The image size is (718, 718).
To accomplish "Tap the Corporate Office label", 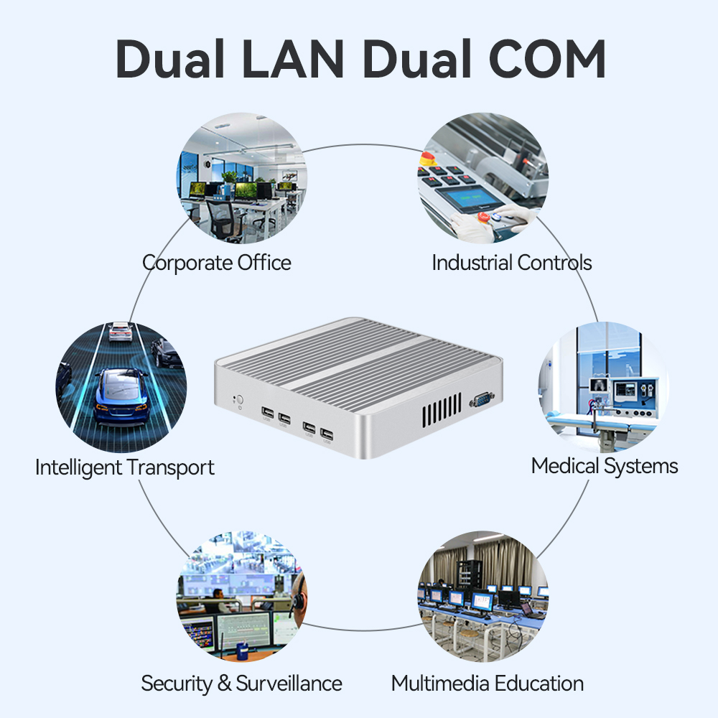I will [217, 263].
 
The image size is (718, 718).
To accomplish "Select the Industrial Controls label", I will [512, 263].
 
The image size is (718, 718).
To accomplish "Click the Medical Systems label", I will [605, 466].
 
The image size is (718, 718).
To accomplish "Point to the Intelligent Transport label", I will [125, 468].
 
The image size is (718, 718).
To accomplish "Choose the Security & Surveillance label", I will [241, 683].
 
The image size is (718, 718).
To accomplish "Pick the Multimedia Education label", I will [488, 683].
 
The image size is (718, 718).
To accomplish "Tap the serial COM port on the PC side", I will [480, 400].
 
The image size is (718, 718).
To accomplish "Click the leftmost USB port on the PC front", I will [268, 416].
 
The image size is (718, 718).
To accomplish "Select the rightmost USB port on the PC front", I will [327, 434].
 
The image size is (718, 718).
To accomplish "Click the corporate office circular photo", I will [242, 179].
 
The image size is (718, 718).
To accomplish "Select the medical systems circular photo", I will [603, 386].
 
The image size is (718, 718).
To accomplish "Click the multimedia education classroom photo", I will [482, 596].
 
